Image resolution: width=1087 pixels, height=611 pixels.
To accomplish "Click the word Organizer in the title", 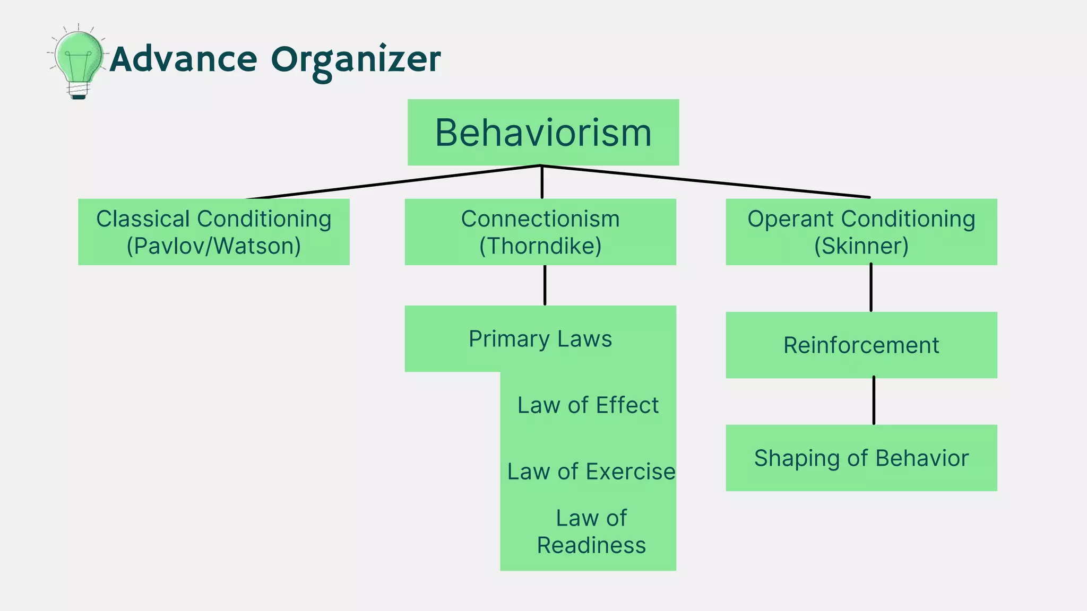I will (356, 60).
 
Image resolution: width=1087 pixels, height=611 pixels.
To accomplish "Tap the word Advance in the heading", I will (184, 59).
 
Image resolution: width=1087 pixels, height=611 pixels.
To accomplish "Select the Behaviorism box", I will (543, 133).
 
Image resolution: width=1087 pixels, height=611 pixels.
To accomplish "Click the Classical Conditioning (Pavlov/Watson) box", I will (213, 232).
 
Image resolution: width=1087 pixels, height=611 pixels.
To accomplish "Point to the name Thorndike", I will (540, 246).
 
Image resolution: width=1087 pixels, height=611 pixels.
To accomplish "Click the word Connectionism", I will (540, 219).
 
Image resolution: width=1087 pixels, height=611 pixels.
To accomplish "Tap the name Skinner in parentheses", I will (861, 246).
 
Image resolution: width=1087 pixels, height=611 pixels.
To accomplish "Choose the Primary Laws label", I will (540, 339).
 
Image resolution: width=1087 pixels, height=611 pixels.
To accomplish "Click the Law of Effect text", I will (588, 405).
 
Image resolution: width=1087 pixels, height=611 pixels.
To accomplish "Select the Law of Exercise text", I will (591, 472).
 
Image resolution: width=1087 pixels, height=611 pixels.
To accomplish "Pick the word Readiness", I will (591, 545).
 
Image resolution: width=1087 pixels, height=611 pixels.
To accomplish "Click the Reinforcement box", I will (861, 345).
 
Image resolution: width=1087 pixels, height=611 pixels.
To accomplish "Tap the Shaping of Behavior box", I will (861, 458).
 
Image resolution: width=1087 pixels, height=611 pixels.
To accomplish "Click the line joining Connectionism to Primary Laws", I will (545, 285).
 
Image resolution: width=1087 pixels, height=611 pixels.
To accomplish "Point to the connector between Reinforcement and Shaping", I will (874, 401).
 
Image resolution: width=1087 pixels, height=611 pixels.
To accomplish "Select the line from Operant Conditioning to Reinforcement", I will (871, 288).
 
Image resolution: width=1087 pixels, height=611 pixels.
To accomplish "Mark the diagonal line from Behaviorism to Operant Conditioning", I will (706, 181).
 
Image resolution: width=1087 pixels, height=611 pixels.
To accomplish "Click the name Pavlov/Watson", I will (213, 246).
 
